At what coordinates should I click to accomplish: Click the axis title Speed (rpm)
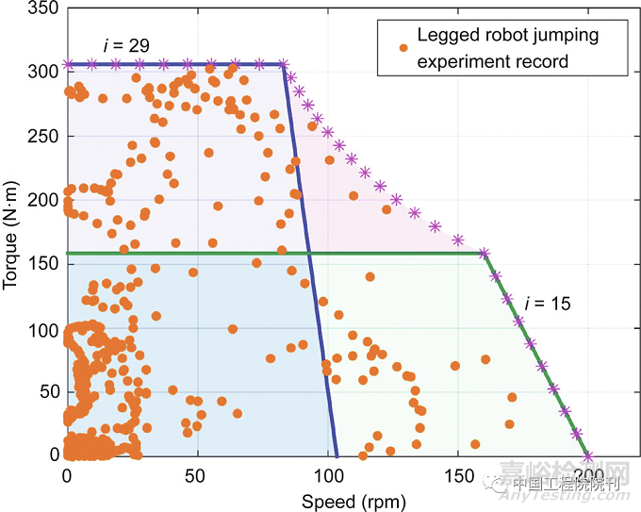pos(339,500)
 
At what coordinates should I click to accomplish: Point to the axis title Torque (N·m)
pos(13,231)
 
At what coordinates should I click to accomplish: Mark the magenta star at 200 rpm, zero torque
pos(589,455)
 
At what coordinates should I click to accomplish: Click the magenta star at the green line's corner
pos(485,253)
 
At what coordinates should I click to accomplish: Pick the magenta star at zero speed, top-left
pos(67,64)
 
